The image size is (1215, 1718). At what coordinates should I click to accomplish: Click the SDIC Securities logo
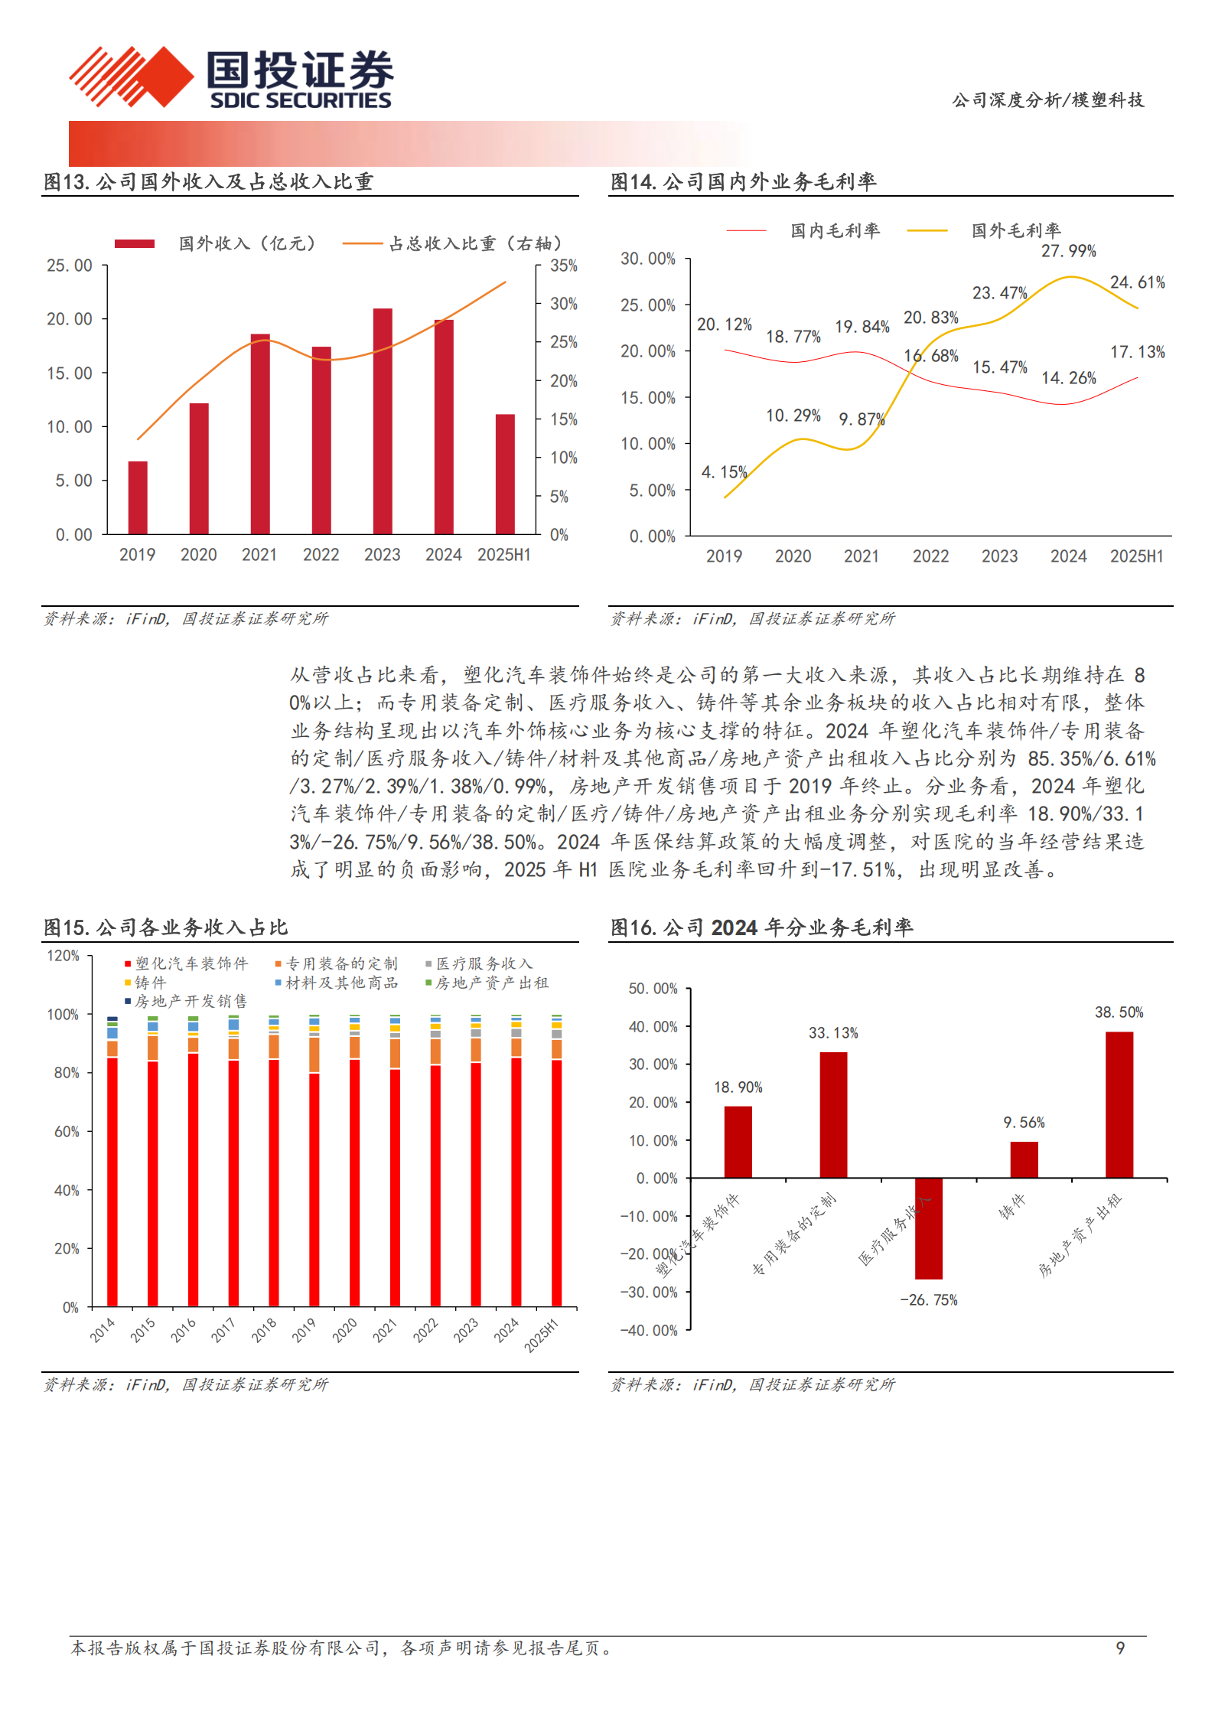(230, 77)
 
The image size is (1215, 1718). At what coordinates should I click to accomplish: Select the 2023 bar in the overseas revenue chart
(383, 421)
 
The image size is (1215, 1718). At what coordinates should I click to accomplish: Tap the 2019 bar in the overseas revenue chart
(138, 497)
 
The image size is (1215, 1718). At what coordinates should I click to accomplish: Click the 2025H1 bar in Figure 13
(505, 474)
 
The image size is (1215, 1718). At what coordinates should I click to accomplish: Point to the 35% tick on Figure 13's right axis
(564, 266)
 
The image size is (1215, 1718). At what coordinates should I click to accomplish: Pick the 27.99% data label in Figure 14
(1068, 251)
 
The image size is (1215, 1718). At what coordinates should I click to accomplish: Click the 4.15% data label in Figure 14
(724, 472)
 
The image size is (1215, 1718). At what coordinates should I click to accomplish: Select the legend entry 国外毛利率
(1015, 230)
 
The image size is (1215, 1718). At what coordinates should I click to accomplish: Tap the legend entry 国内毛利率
(835, 230)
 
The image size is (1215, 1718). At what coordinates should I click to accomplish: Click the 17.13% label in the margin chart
(1137, 352)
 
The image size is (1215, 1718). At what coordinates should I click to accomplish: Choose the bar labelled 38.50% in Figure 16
(1119, 1104)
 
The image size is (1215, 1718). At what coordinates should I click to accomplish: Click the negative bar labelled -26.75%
(929, 1228)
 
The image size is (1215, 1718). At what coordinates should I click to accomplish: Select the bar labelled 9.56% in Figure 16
(1024, 1159)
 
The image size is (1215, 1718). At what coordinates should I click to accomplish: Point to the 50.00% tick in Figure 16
(653, 989)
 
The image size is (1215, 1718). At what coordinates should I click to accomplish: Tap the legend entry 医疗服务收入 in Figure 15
(484, 963)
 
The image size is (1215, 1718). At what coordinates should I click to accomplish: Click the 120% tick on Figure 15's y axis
(63, 956)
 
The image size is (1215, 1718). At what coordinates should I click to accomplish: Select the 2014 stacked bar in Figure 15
(112, 1163)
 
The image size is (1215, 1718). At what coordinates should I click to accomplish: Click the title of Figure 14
(743, 182)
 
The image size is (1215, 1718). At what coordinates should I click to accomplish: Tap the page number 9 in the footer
(1120, 1648)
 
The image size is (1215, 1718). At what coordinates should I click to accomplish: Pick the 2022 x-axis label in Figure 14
(930, 556)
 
